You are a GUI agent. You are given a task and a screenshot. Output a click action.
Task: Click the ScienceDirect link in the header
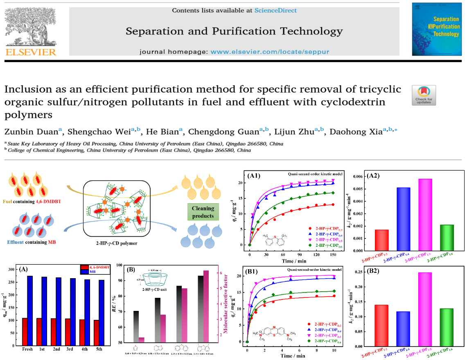275,10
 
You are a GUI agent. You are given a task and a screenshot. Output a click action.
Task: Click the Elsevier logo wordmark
30,52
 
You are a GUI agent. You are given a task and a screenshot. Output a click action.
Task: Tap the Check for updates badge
424,95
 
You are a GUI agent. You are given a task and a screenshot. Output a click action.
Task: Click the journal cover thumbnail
435,29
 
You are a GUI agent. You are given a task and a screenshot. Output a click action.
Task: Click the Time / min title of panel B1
291,356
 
